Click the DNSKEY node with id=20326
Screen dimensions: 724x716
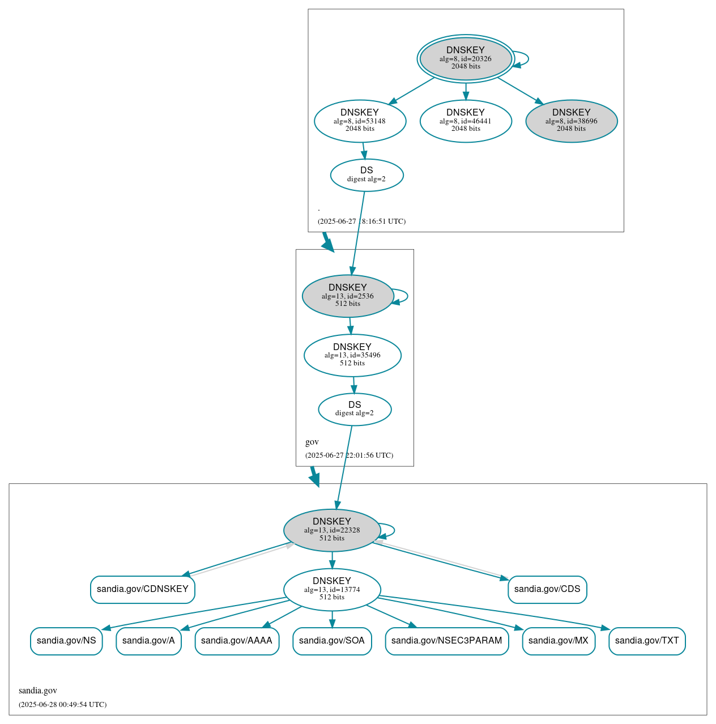(466, 58)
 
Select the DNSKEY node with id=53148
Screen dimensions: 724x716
(360, 121)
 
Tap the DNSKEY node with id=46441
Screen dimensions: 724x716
(466, 121)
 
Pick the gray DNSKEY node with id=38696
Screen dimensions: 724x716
(571, 121)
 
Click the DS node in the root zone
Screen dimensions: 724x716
(366, 175)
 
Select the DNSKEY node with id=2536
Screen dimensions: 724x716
(348, 296)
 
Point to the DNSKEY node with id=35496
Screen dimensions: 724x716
(352, 355)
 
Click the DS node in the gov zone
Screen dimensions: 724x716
(355, 409)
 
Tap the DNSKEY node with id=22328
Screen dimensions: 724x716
(332, 530)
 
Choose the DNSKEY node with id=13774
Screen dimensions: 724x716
(332, 589)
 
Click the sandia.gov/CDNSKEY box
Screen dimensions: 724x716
(143, 589)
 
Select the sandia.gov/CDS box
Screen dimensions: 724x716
(547, 589)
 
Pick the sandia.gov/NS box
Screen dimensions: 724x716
(66, 641)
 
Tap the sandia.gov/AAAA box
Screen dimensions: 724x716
(237, 641)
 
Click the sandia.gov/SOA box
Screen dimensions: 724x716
(332, 641)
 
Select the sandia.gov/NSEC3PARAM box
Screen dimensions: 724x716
(447, 641)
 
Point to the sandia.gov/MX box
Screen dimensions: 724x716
(559, 641)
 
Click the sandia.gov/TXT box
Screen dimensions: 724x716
(647, 641)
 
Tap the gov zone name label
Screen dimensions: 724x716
(312, 442)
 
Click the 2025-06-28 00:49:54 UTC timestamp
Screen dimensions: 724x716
(62, 704)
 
